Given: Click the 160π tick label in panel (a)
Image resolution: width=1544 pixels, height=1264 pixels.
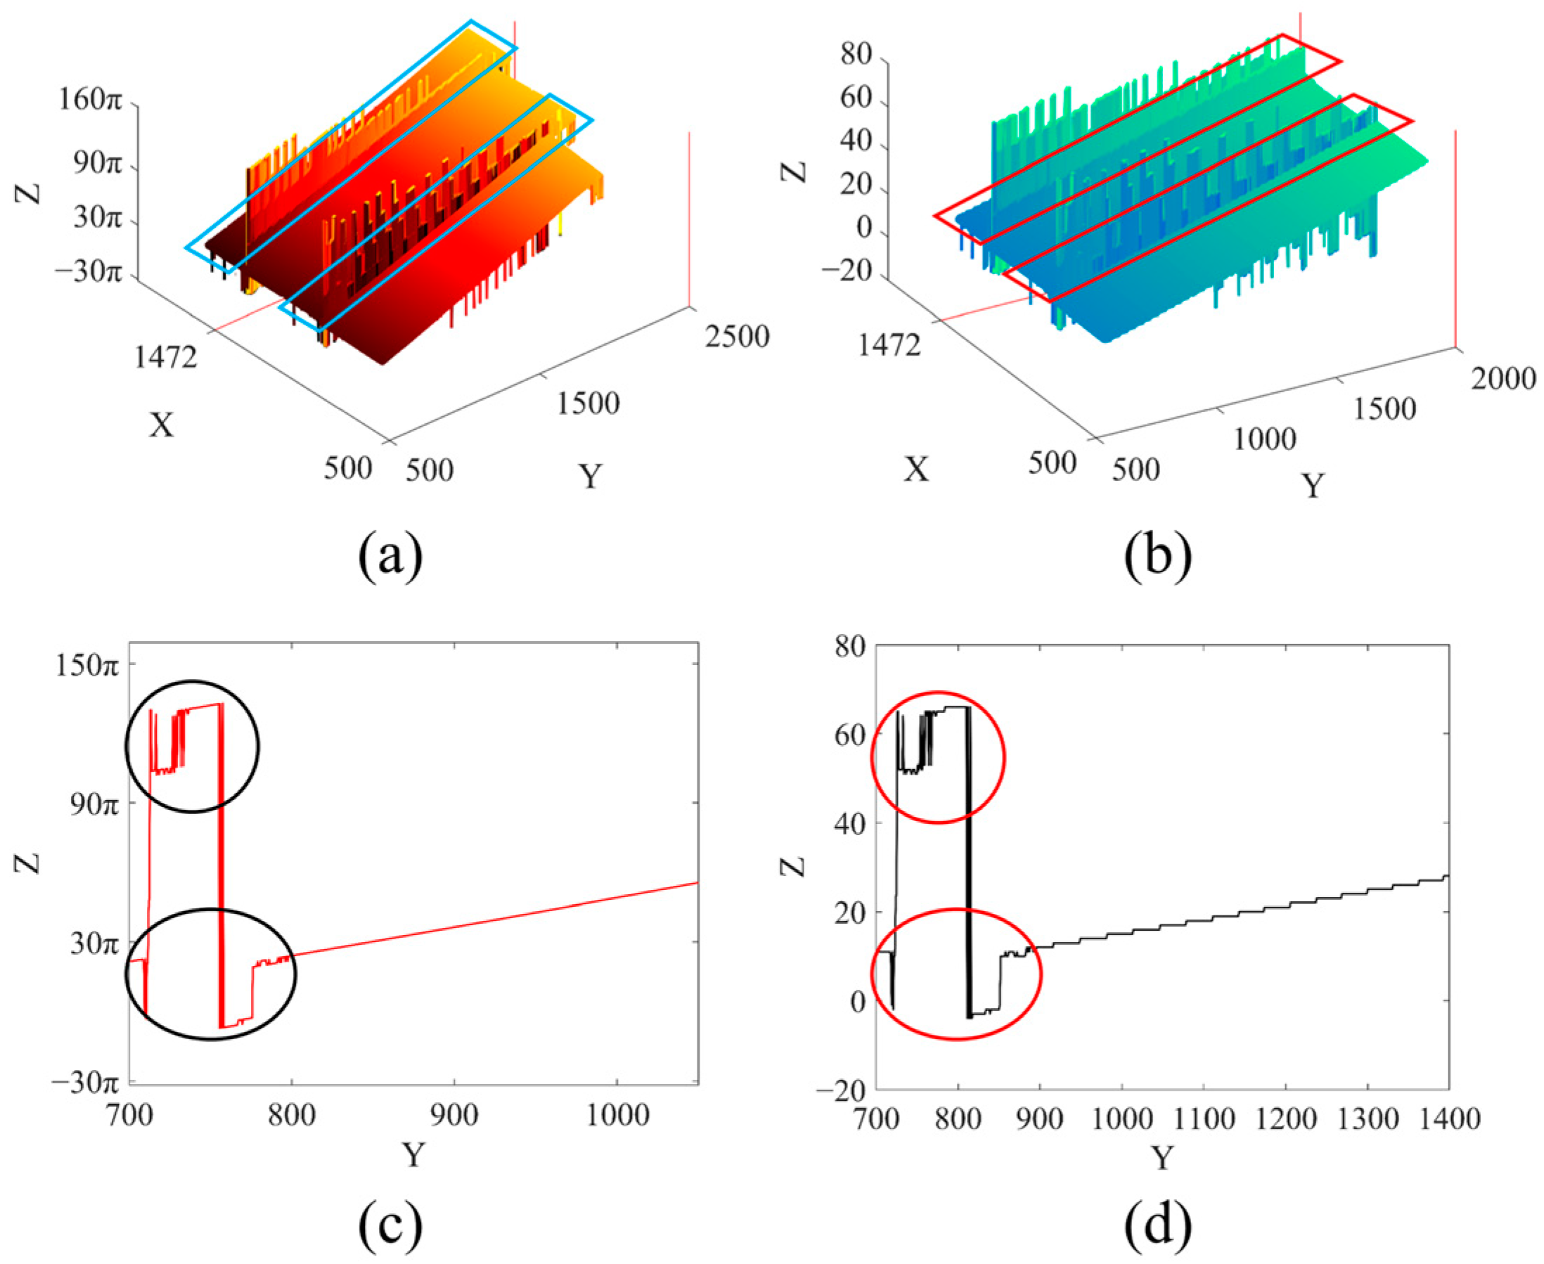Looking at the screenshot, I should pos(89,102).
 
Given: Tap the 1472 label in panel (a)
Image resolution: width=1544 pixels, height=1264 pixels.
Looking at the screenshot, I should pos(165,358).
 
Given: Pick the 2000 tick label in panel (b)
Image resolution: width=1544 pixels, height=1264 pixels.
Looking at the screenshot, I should pos(1503,379).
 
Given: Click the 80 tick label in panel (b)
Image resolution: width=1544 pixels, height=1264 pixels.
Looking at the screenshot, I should pos(856,56).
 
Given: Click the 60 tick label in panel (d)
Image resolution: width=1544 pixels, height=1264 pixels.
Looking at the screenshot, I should pos(848,735).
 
